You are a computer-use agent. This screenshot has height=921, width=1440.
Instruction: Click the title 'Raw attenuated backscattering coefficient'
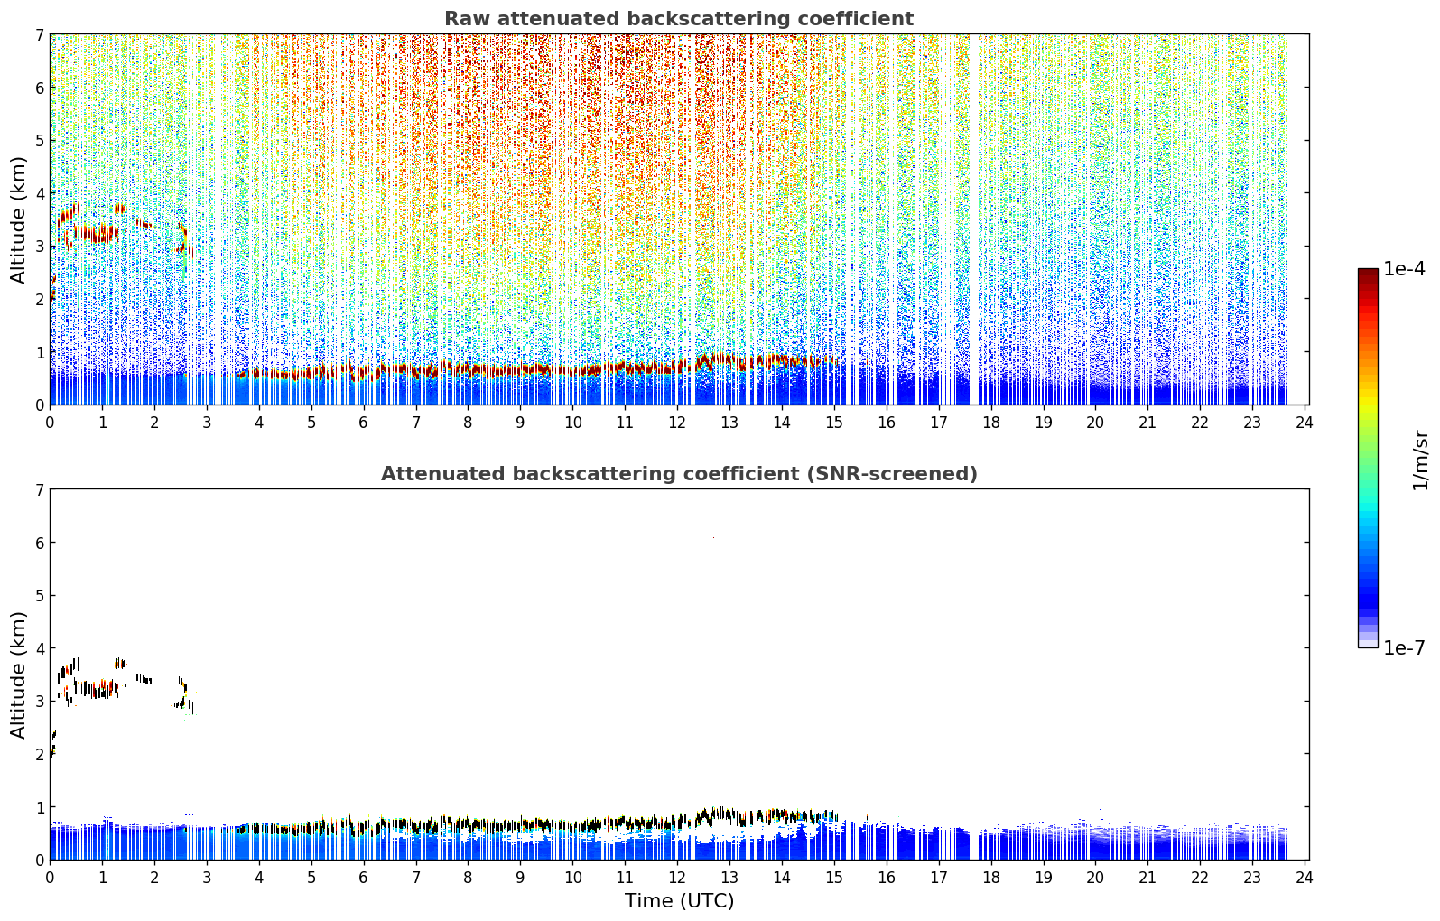pos(679,19)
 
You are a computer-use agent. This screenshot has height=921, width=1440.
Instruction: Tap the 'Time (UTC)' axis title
pos(679,900)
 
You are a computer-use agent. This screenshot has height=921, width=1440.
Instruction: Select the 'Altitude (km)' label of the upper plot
pos(18,220)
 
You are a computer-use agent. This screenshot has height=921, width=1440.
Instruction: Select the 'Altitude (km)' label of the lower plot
pos(18,674)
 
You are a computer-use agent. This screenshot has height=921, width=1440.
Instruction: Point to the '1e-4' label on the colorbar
pos(1404,269)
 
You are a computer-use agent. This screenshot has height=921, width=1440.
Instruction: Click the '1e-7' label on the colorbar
pos(1404,647)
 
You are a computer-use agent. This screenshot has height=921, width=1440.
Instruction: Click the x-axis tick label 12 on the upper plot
pos(677,423)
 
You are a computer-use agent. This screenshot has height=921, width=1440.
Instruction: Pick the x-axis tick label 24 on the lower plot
pos(1304,878)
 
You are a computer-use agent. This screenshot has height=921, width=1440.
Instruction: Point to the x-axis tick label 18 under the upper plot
pos(990,423)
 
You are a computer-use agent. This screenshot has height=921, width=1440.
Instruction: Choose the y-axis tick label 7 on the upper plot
pos(39,34)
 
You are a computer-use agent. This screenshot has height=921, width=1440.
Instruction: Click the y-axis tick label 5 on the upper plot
pos(39,140)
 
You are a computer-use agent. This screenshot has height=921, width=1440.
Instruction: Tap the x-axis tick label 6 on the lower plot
pos(363,878)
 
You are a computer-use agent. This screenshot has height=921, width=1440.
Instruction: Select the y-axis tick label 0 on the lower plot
pos(39,860)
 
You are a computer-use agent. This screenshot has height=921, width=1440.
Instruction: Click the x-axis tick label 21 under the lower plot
pos(1147,878)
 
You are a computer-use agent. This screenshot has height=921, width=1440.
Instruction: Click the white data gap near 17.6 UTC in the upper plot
pos(974,219)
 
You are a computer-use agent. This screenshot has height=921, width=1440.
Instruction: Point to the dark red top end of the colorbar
pos(1368,273)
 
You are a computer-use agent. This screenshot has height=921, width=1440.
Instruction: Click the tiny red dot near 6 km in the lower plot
pos(713,537)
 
